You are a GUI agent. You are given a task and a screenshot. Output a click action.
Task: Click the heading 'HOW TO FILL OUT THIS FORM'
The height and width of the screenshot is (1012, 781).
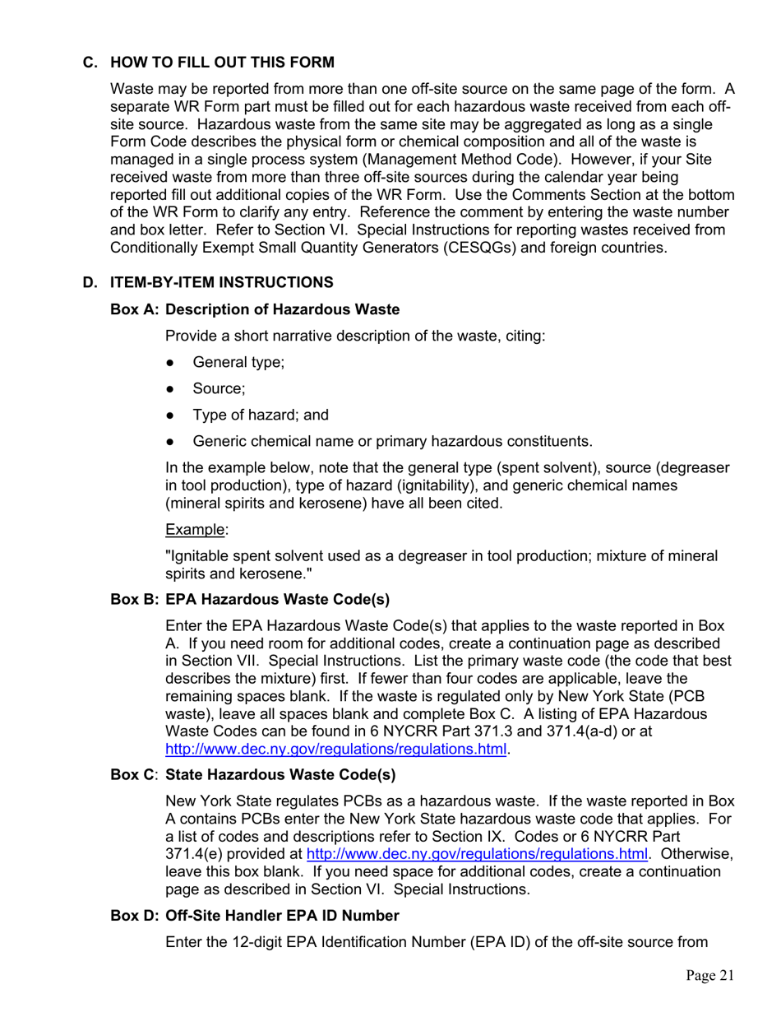click(x=222, y=63)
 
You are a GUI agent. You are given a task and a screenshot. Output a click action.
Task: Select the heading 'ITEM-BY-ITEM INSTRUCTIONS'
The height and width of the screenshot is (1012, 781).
click(x=222, y=282)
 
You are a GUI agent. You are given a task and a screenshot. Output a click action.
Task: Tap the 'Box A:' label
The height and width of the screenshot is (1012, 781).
click(x=135, y=309)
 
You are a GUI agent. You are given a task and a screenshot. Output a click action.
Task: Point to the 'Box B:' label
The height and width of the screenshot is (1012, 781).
click(x=135, y=599)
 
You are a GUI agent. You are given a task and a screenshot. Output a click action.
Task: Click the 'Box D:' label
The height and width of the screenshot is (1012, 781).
click(x=135, y=916)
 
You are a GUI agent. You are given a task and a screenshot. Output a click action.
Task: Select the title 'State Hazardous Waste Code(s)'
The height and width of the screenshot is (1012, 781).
click(x=280, y=775)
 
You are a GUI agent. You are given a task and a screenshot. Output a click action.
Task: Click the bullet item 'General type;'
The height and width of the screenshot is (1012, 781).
click(x=238, y=363)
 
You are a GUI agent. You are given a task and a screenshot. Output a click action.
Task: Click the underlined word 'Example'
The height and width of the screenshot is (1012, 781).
click(x=195, y=529)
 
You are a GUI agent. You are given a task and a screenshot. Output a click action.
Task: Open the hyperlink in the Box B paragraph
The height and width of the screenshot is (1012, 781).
click(x=335, y=749)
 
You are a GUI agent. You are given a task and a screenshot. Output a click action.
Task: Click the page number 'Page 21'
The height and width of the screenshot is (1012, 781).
click(x=709, y=976)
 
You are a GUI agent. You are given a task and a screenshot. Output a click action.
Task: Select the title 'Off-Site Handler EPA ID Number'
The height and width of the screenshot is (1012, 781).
click(x=283, y=916)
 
